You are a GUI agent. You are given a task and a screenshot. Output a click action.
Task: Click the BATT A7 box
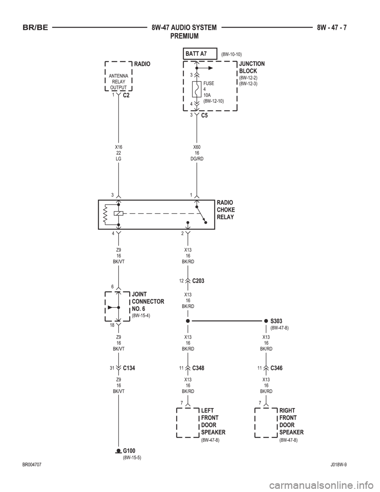(x=200, y=53)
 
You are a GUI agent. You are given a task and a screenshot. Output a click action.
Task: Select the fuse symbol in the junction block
(x=197, y=89)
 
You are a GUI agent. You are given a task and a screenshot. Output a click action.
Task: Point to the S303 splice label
(x=276, y=321)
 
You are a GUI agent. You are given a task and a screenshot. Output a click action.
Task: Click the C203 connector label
(x=198, y=281)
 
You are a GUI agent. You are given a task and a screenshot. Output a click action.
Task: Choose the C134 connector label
(x=129, y=368)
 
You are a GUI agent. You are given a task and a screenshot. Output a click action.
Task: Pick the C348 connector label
(x=198, y=368)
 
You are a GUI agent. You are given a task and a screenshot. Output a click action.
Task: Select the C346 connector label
(x=276, y=368)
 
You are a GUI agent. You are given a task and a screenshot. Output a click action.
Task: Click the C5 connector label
(x=205, y=115)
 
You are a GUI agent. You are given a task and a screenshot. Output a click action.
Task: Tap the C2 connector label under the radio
(x=126, y=95)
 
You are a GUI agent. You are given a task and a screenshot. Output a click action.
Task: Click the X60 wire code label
(x=197, y=147)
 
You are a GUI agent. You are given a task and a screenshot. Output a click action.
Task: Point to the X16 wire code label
(x=118, y=147)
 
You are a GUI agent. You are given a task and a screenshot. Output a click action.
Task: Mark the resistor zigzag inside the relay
(x=106, y=214)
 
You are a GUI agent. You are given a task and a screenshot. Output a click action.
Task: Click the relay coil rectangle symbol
(x=118, y=213)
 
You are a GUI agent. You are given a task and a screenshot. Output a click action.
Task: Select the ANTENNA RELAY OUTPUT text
(x=118, y=82)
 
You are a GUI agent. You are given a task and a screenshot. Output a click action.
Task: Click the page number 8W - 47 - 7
(x=332, y=28)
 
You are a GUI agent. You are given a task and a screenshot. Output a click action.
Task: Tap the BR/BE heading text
(x=35, y=28)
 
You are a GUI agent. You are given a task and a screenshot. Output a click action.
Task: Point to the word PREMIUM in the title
(x=184, y=36)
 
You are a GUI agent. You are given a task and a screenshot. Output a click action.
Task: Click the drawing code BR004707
(x=32, y=465)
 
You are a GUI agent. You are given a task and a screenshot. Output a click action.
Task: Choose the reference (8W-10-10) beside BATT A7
(x=232, y=54)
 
